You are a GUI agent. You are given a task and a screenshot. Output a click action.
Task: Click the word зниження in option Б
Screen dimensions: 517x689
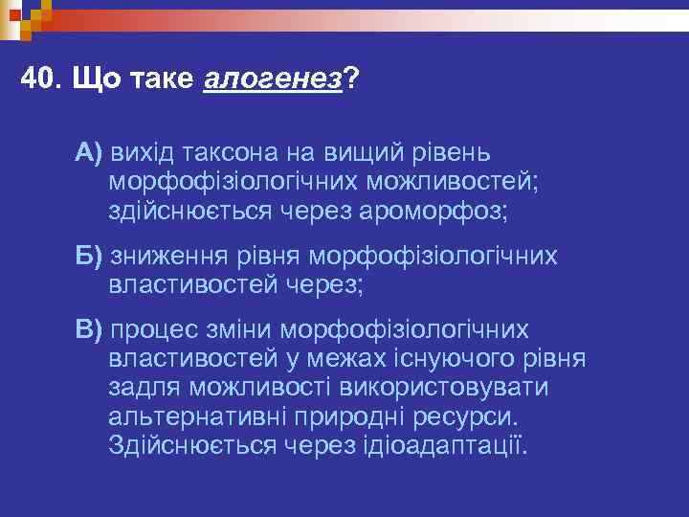(x=168, y=257)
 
